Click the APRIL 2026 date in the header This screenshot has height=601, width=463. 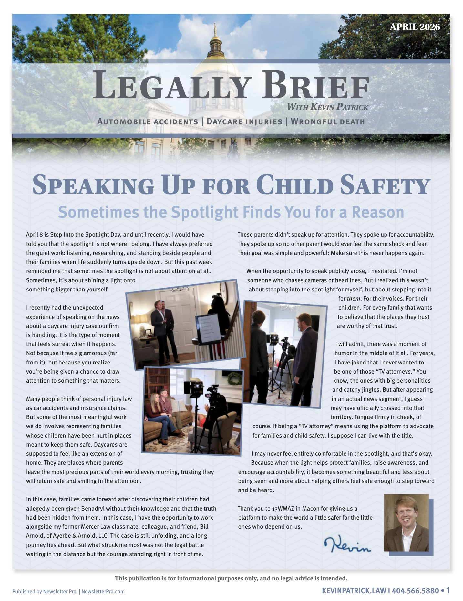pos(415,27)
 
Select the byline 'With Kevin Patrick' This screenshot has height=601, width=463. pos(327,107)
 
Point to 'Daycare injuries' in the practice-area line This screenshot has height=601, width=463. pos(244,122)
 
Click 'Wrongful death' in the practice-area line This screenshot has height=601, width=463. pos(328,122)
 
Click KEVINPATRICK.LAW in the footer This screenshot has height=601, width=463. pos(354,591)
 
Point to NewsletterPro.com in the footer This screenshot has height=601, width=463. pos(103,592)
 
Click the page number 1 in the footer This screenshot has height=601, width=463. pos(448,590)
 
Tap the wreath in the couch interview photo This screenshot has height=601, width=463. pos(234,378)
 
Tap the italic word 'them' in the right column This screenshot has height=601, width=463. pos(354,299)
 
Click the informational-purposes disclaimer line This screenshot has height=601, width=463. pos(231,578)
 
